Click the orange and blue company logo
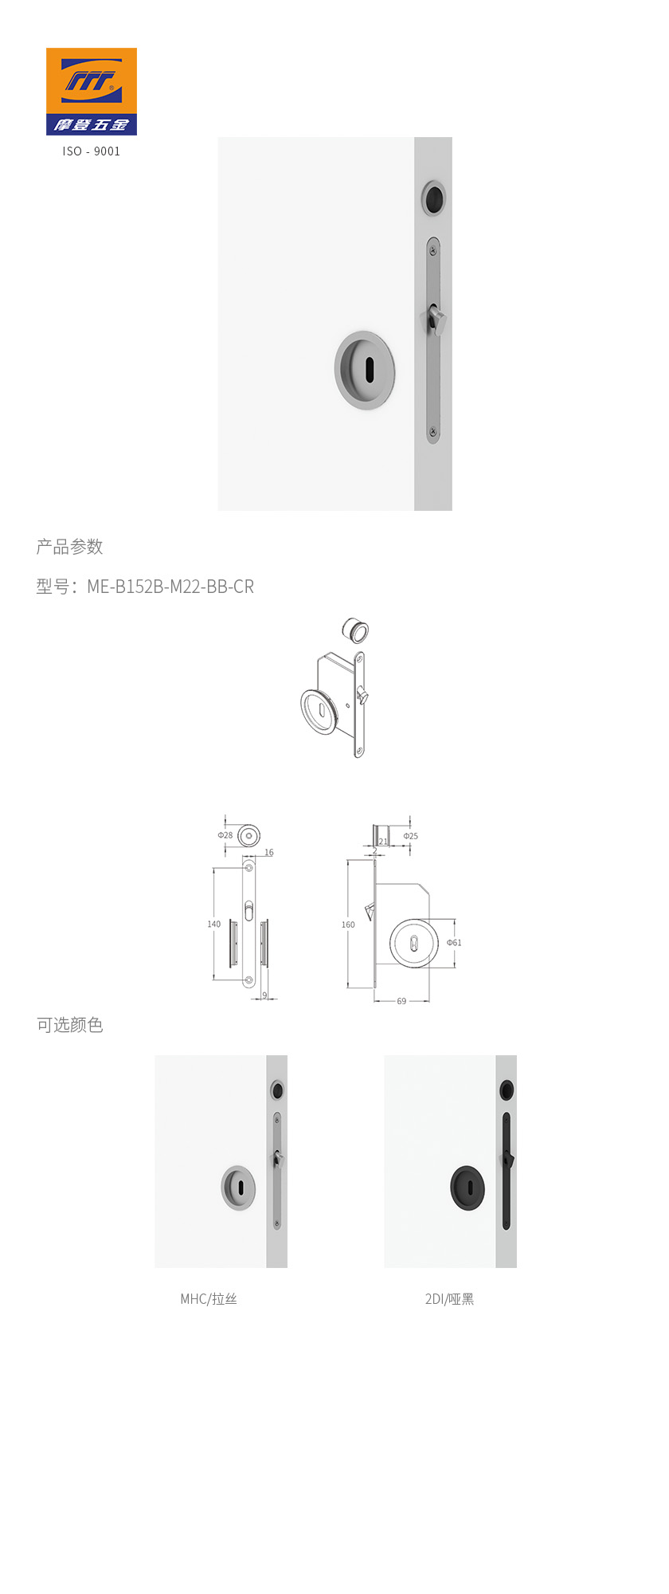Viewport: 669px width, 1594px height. (x=91, y=91)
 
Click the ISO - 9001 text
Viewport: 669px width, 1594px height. (x=92, y=151)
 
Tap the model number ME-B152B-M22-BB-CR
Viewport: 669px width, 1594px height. (x=170, y=587)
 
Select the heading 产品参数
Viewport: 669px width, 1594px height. (x=69, y=547)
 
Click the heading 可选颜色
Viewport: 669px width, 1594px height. (x=69, y=1025)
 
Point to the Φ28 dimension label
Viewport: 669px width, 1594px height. (x=225, y=835)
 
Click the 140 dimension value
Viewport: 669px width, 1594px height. (x=214, y=925)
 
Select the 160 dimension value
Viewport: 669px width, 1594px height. (x=348, y=925)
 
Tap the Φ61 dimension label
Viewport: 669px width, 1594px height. (x=454, y=942)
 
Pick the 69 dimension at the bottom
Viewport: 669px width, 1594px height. (x=401, y=1001)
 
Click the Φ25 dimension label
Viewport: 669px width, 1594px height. (x=410, y=836)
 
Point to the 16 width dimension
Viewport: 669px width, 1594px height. (x=269, y=853)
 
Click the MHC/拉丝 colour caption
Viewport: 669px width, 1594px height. (x=209, y=1299)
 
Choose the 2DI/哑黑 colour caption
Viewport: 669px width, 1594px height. (x=449, y=1299)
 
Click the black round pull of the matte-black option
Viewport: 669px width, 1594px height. (x=468, y=1188)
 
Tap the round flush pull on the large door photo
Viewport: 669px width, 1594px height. (x=365, y=371)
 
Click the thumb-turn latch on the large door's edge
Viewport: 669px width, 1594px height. (x=434, y=320)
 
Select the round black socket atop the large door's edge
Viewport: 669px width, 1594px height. (x=433, y=198)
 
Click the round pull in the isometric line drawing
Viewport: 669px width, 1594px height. (x=319, y=711)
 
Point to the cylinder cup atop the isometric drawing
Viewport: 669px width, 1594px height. (x=355, y=630)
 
